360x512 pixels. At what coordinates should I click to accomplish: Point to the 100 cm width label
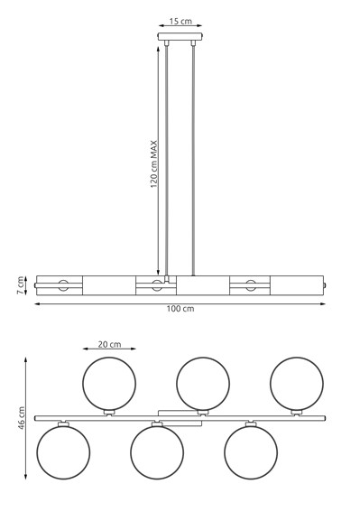tap(180, 310)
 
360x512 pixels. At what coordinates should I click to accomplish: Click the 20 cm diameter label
tap(109, 344)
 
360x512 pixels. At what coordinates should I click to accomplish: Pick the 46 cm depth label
tap(21, 418)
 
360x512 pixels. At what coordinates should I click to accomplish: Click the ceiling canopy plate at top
tap(180, 38)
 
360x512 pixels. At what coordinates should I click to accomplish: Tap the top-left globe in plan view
tap(108, 383)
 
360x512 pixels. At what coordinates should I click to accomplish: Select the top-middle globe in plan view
tap(202, 383)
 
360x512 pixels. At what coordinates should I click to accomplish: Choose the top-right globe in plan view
tap(296, 383)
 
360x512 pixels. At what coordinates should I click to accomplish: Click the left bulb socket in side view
tap(63, 287)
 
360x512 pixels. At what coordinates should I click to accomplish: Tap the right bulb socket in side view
tap(250, 287)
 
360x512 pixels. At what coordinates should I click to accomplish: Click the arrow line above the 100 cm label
tap(180, 301)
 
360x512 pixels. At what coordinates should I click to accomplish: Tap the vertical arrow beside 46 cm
tap(26, 418)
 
